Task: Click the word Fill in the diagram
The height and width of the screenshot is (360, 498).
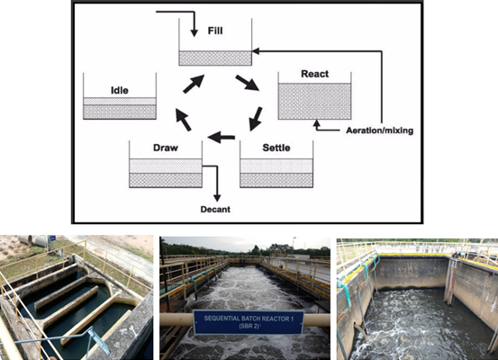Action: coord(215,31)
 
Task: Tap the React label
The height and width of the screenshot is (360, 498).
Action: coord(315,74)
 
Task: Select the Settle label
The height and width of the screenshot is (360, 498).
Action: coord(276,148)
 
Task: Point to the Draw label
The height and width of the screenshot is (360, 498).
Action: coord(166,148)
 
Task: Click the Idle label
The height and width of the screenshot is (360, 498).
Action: coord(120,90)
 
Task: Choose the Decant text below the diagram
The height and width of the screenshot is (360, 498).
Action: coord(215,209)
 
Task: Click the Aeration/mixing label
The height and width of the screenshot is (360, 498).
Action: coord(379,130)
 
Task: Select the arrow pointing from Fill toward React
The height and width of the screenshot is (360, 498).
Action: coord(248,83)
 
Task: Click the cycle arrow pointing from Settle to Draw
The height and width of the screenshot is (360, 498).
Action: coord(221,137)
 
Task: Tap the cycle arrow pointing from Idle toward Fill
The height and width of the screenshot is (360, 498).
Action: coord(194,84)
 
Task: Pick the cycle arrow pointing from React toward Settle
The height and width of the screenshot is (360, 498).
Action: coord(256,119)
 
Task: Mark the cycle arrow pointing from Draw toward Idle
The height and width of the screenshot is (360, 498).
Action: coord(184,120)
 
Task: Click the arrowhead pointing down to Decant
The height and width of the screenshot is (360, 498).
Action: coord(217,198)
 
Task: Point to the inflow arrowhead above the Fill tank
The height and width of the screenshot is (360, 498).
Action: coord(194,33)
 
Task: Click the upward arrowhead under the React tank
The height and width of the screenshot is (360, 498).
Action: coord(316,123)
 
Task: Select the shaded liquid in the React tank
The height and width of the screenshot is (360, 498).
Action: coord(315,102)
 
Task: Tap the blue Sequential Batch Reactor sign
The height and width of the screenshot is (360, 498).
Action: coord(249,322)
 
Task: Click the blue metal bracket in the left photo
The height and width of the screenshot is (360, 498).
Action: coord(98,340)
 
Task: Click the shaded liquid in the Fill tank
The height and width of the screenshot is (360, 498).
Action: coord(215,58)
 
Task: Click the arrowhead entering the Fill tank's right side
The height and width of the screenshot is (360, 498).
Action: coord(256,50)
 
